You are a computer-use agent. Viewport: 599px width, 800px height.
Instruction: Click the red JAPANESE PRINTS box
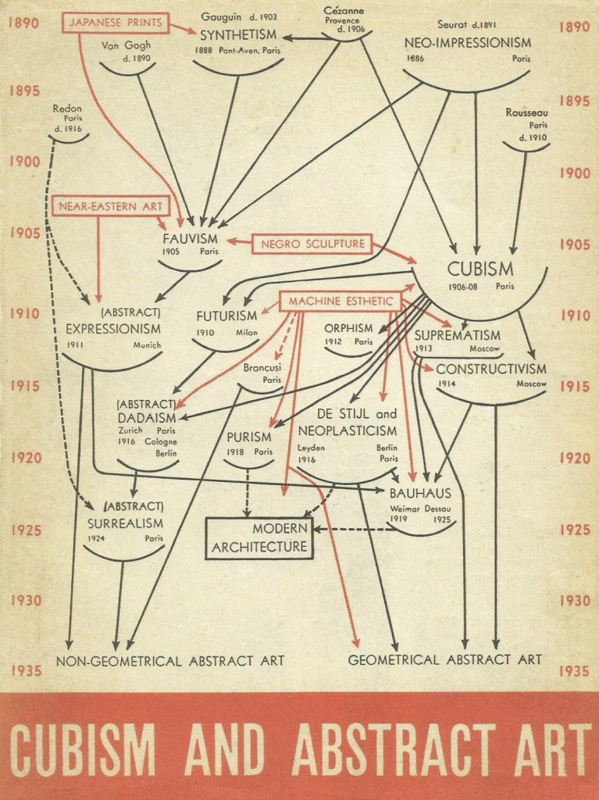coord(116,22)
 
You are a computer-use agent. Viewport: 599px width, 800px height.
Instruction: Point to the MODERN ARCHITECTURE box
coord(259,537)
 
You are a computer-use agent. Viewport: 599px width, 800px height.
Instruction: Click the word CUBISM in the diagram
coord(480,270)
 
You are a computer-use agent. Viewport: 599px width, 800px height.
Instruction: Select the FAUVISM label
coord(191,238)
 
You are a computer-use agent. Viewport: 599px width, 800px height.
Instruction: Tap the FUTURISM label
coord(226,316)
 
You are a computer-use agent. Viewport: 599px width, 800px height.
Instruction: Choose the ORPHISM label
coord(348,328)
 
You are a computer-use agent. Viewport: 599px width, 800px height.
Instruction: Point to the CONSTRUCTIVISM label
coord(491,368)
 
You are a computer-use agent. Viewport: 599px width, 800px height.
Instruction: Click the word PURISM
coord(249,437)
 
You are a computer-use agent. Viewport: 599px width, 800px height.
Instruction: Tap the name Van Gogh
coord(126,45)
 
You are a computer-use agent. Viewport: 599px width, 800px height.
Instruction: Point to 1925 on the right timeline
coord(575,530)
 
